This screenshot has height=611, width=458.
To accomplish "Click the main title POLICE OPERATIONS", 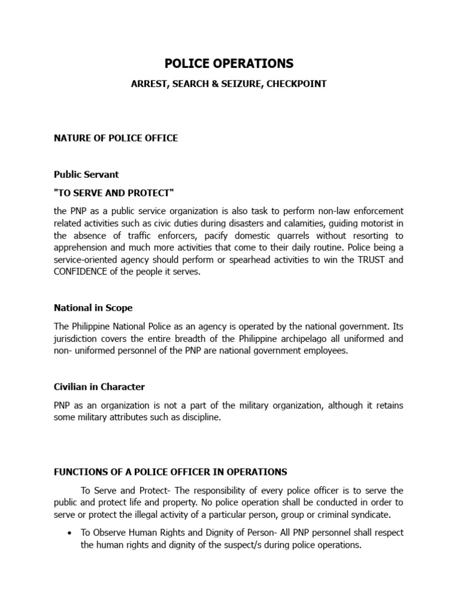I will pyautogui.click(x=229, y=63).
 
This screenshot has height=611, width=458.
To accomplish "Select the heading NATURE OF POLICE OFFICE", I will pyautogui.click(x=116, y=138).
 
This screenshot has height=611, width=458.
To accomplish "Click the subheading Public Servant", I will pyautogui.click(x=86, y=175).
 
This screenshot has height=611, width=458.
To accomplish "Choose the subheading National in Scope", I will pyautogui.click(x=93, y=308).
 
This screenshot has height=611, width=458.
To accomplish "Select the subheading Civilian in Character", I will pyautogui.click(x=99, y=387).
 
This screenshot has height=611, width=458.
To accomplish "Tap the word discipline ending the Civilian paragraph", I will pyautogui.click(x=201, y=418).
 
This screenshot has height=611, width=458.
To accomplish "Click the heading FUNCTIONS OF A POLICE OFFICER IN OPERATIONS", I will pyautogui.click(x=171, y=472).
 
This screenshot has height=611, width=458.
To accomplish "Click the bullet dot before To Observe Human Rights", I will pyautogui.click(x=71, y=533).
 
